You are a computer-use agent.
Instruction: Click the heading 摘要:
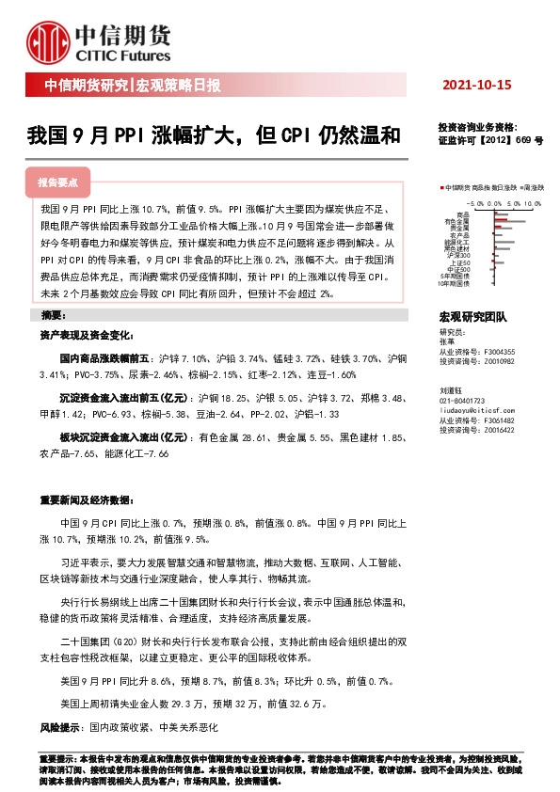54,314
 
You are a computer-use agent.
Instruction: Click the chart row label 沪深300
459,255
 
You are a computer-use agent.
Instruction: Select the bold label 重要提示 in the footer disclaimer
56,758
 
